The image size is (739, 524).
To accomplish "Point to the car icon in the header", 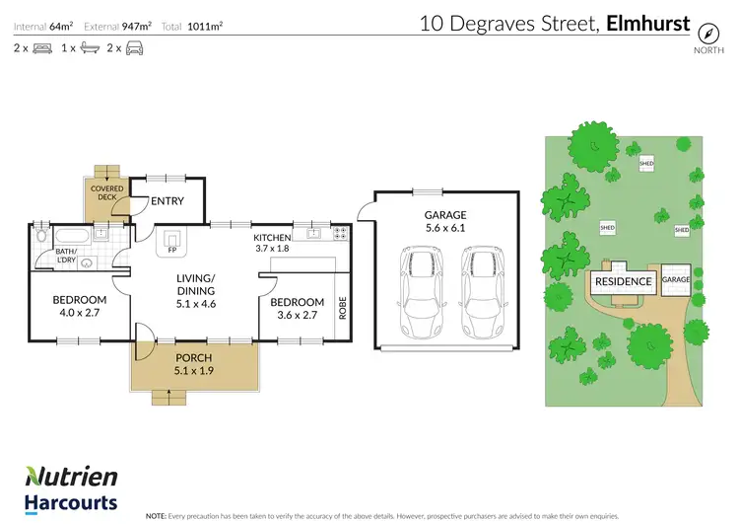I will point(133,47).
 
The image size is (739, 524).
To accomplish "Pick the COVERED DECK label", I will point(105,191).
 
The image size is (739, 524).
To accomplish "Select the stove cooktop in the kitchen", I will point(340,234).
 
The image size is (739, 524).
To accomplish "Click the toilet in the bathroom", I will point(40,237).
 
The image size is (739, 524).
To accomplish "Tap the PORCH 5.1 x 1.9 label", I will point(193,364).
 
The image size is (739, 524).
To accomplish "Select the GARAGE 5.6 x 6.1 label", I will point(445,220).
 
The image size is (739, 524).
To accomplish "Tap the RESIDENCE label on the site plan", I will point(623,281).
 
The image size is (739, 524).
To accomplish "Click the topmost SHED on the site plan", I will point(646,163).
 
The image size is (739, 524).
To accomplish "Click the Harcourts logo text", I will point(71,502).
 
